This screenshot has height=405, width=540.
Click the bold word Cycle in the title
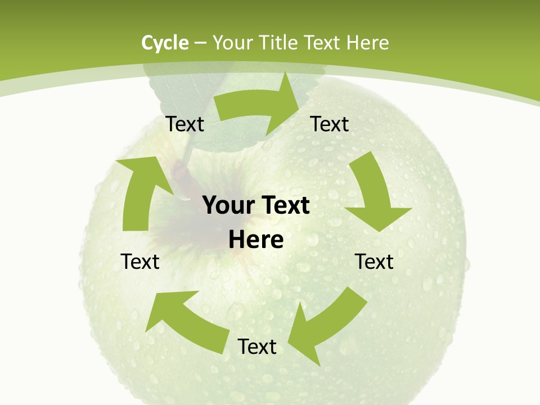tap(165, 43)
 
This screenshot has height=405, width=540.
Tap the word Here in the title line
tap(367, 43)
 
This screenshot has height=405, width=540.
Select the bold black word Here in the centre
tap(256, 240)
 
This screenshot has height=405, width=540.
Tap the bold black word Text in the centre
tap(283, 206)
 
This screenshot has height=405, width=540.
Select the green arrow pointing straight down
tap(374, 194)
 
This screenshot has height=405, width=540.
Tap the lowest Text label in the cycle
tap(257, 346)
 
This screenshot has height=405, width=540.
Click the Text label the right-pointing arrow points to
tap(330, 124)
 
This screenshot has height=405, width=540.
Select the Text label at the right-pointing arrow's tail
tap(185, 124)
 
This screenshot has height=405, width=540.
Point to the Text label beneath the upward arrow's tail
tap(140, 262)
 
